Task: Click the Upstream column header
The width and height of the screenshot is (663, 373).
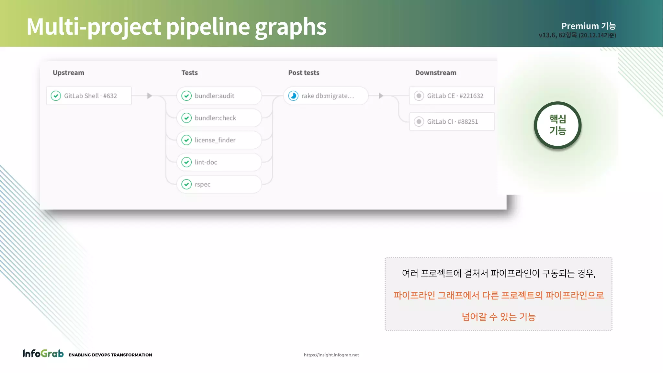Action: [68, 73]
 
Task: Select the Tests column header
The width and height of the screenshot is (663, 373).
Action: [189, 73]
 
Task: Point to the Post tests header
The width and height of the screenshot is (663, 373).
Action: [304, 73]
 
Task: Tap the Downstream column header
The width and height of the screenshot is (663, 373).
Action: [436, 73]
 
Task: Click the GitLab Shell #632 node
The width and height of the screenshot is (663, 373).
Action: [89, 96]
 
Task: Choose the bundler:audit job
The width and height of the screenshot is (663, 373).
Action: [219, 96]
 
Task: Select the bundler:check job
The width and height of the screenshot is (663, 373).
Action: [219, 118]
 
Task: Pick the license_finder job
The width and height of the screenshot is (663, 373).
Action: [219, 140]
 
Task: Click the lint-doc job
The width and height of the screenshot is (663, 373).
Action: [219, 162]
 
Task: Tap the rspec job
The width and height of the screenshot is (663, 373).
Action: [219, 184]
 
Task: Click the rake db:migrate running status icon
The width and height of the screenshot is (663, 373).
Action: [293, 96]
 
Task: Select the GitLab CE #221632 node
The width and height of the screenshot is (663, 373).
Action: [452, 96]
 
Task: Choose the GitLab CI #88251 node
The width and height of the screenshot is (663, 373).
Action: [452, 122]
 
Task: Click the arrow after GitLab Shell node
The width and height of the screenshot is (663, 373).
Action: [150, 96]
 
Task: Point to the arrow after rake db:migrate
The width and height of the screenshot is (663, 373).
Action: [381, 96]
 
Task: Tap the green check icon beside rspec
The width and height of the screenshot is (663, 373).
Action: [186, 184]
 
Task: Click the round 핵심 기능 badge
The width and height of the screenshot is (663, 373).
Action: [557, 125]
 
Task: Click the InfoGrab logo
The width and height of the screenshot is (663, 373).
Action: [43, 354]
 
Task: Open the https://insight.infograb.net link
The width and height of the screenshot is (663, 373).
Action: [331, 355]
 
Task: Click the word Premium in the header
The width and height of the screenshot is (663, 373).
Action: [580, 26]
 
